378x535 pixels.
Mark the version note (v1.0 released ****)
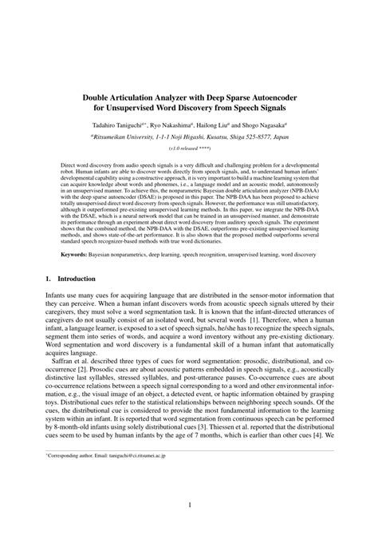click(189, 149)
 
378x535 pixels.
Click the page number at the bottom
click(189, 505)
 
